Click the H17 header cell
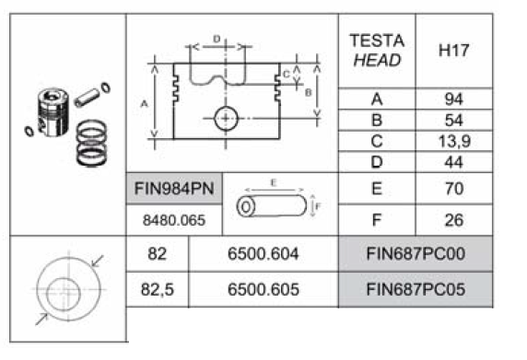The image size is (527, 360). [x=453, y=51]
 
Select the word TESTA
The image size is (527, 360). [x=377, y=41]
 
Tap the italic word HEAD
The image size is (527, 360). [x=377, y=61]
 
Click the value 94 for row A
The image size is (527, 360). [x=453, y=99]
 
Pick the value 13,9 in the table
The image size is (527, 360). [x=454, y=142]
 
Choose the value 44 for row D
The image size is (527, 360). [x=453, y=163]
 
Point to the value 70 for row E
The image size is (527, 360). [x=454, y=189]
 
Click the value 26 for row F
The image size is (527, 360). [x=454, y=220]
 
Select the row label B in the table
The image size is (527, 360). [x=377, y=121]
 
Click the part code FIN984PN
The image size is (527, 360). [x=174, y=189]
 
